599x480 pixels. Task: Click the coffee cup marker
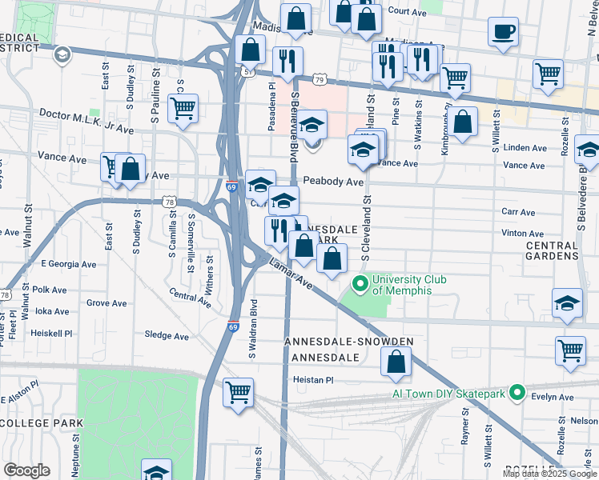pos(503,33)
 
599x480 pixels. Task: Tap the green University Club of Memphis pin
pos(360,283)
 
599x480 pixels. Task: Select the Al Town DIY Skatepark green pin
pos(517,393)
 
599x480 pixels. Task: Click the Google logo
pos(26,470)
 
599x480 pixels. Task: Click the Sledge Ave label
pos(167,336)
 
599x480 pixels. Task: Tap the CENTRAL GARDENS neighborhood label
pos(552,250)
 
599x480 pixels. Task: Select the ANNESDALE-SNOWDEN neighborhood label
pos(349,342)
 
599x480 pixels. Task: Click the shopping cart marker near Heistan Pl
pos(238,393)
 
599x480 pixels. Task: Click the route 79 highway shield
pos(320,80)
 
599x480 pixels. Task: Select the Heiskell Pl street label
pos(51,332)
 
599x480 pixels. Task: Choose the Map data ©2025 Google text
pos(549,474)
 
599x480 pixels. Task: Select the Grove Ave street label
pos(107,303)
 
